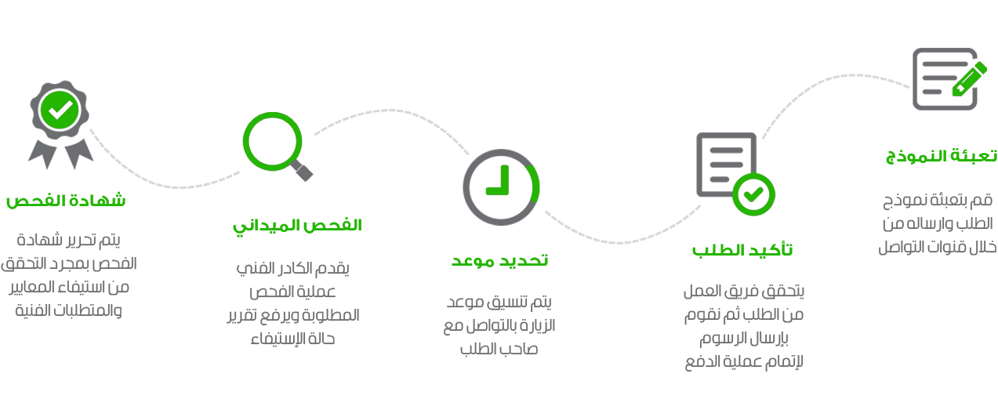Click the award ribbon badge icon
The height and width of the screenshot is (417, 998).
click(x=60, y=125)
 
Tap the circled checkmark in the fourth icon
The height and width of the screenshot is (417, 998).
click(x=754, y=190)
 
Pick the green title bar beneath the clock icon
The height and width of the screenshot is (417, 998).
click(x=499, y=262)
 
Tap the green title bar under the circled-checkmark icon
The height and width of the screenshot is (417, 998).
click(x=742, y=249)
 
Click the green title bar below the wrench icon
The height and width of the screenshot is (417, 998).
click(x=941, y=157)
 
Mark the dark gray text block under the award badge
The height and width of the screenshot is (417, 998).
click(x=68, y=274)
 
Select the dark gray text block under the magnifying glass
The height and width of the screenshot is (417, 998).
click(x=292, y=303)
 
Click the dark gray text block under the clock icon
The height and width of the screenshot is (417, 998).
click(x=499, y=325)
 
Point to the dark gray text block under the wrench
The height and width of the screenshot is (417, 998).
click(x=937, y=223)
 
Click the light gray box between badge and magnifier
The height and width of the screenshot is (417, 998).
click(x=165, y=158)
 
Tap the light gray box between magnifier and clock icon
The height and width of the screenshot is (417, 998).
click(x=397, y=132)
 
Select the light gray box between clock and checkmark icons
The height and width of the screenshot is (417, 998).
click(x=622, y=225)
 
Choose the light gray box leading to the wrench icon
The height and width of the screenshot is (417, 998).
click(x=836, y=107)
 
